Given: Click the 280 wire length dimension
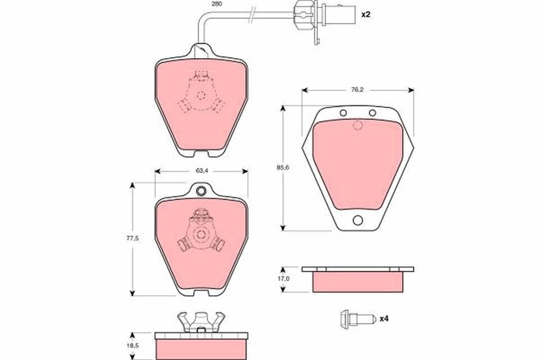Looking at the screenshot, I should tap(216, 4).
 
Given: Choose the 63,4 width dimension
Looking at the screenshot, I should tap(201, 171).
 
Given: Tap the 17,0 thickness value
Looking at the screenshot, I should tap(284, 278).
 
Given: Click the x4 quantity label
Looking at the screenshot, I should tap(384, 319).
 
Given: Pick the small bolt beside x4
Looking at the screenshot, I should tap(356, 319).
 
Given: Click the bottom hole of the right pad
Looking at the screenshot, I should tap(358, 219).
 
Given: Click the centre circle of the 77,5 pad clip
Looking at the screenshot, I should tap(200, 235).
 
